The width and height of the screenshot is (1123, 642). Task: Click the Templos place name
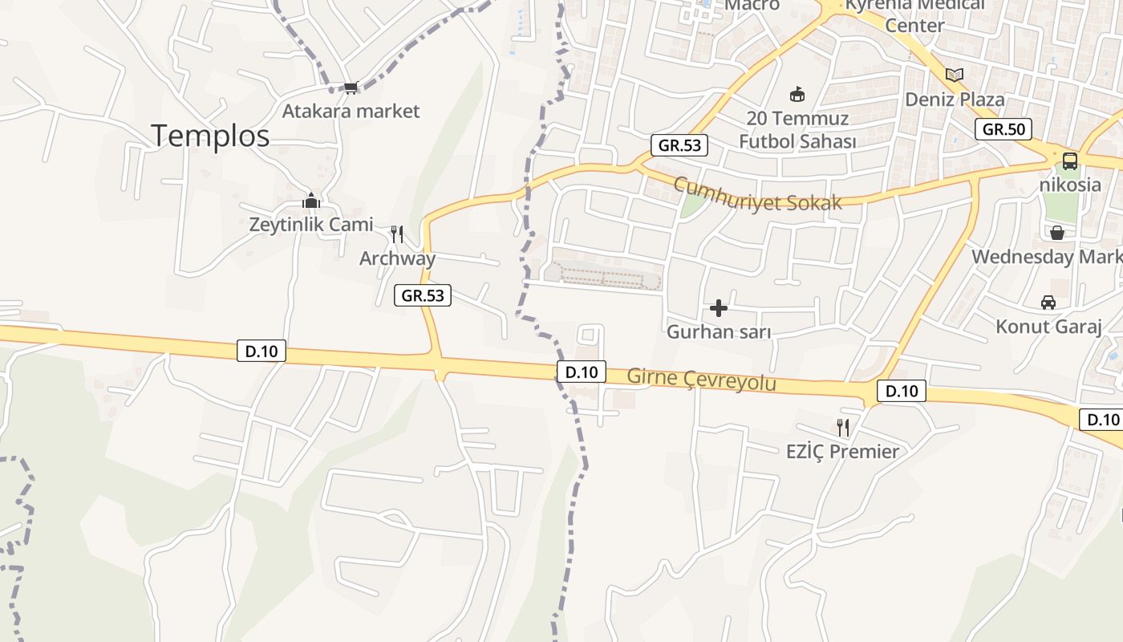click(210, 136)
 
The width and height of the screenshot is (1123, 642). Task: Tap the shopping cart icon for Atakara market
click(351, 87)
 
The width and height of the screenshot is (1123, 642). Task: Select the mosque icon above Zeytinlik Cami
click(311, 201)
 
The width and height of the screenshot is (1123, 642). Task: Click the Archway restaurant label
click(397, 258)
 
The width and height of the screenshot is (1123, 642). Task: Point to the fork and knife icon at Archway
click(397, 234)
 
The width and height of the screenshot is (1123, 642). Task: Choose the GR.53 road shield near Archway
click(423, 295)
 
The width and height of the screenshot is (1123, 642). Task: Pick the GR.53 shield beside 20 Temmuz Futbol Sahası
click(679, 145)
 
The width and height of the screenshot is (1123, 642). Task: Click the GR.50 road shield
click(1003, 129)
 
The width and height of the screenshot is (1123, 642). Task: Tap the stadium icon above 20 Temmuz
click(797, 95)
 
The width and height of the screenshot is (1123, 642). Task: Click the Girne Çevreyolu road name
click(701, 378)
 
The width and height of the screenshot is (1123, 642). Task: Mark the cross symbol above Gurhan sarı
click(719, 307)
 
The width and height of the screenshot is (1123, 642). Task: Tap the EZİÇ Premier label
click(842, 451)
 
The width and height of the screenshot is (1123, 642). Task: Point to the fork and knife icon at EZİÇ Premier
click(842, 427)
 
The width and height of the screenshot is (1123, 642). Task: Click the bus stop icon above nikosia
click(1070, 160)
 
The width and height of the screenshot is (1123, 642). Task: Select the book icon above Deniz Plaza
click(954, 75)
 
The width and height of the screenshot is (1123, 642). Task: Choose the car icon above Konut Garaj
click(1048, 303)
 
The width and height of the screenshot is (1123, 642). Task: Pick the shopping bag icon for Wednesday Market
click(1057, 233)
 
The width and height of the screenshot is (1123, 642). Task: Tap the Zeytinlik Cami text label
click(311, 225)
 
